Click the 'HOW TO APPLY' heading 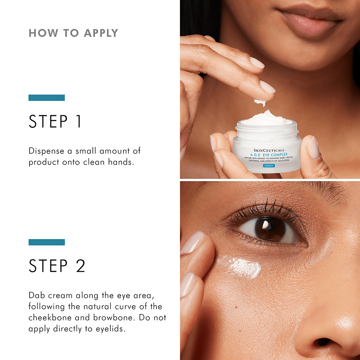point(73,33)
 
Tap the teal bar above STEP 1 point(46,98)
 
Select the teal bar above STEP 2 point(46,242)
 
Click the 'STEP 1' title point(55,122)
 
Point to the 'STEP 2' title point(57,266)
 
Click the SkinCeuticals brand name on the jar point(269,150)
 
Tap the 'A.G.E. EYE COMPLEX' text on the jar point(269,154)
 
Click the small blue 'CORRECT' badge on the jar point(269,166)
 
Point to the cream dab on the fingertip point(260,102)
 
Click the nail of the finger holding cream point(267,87)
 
